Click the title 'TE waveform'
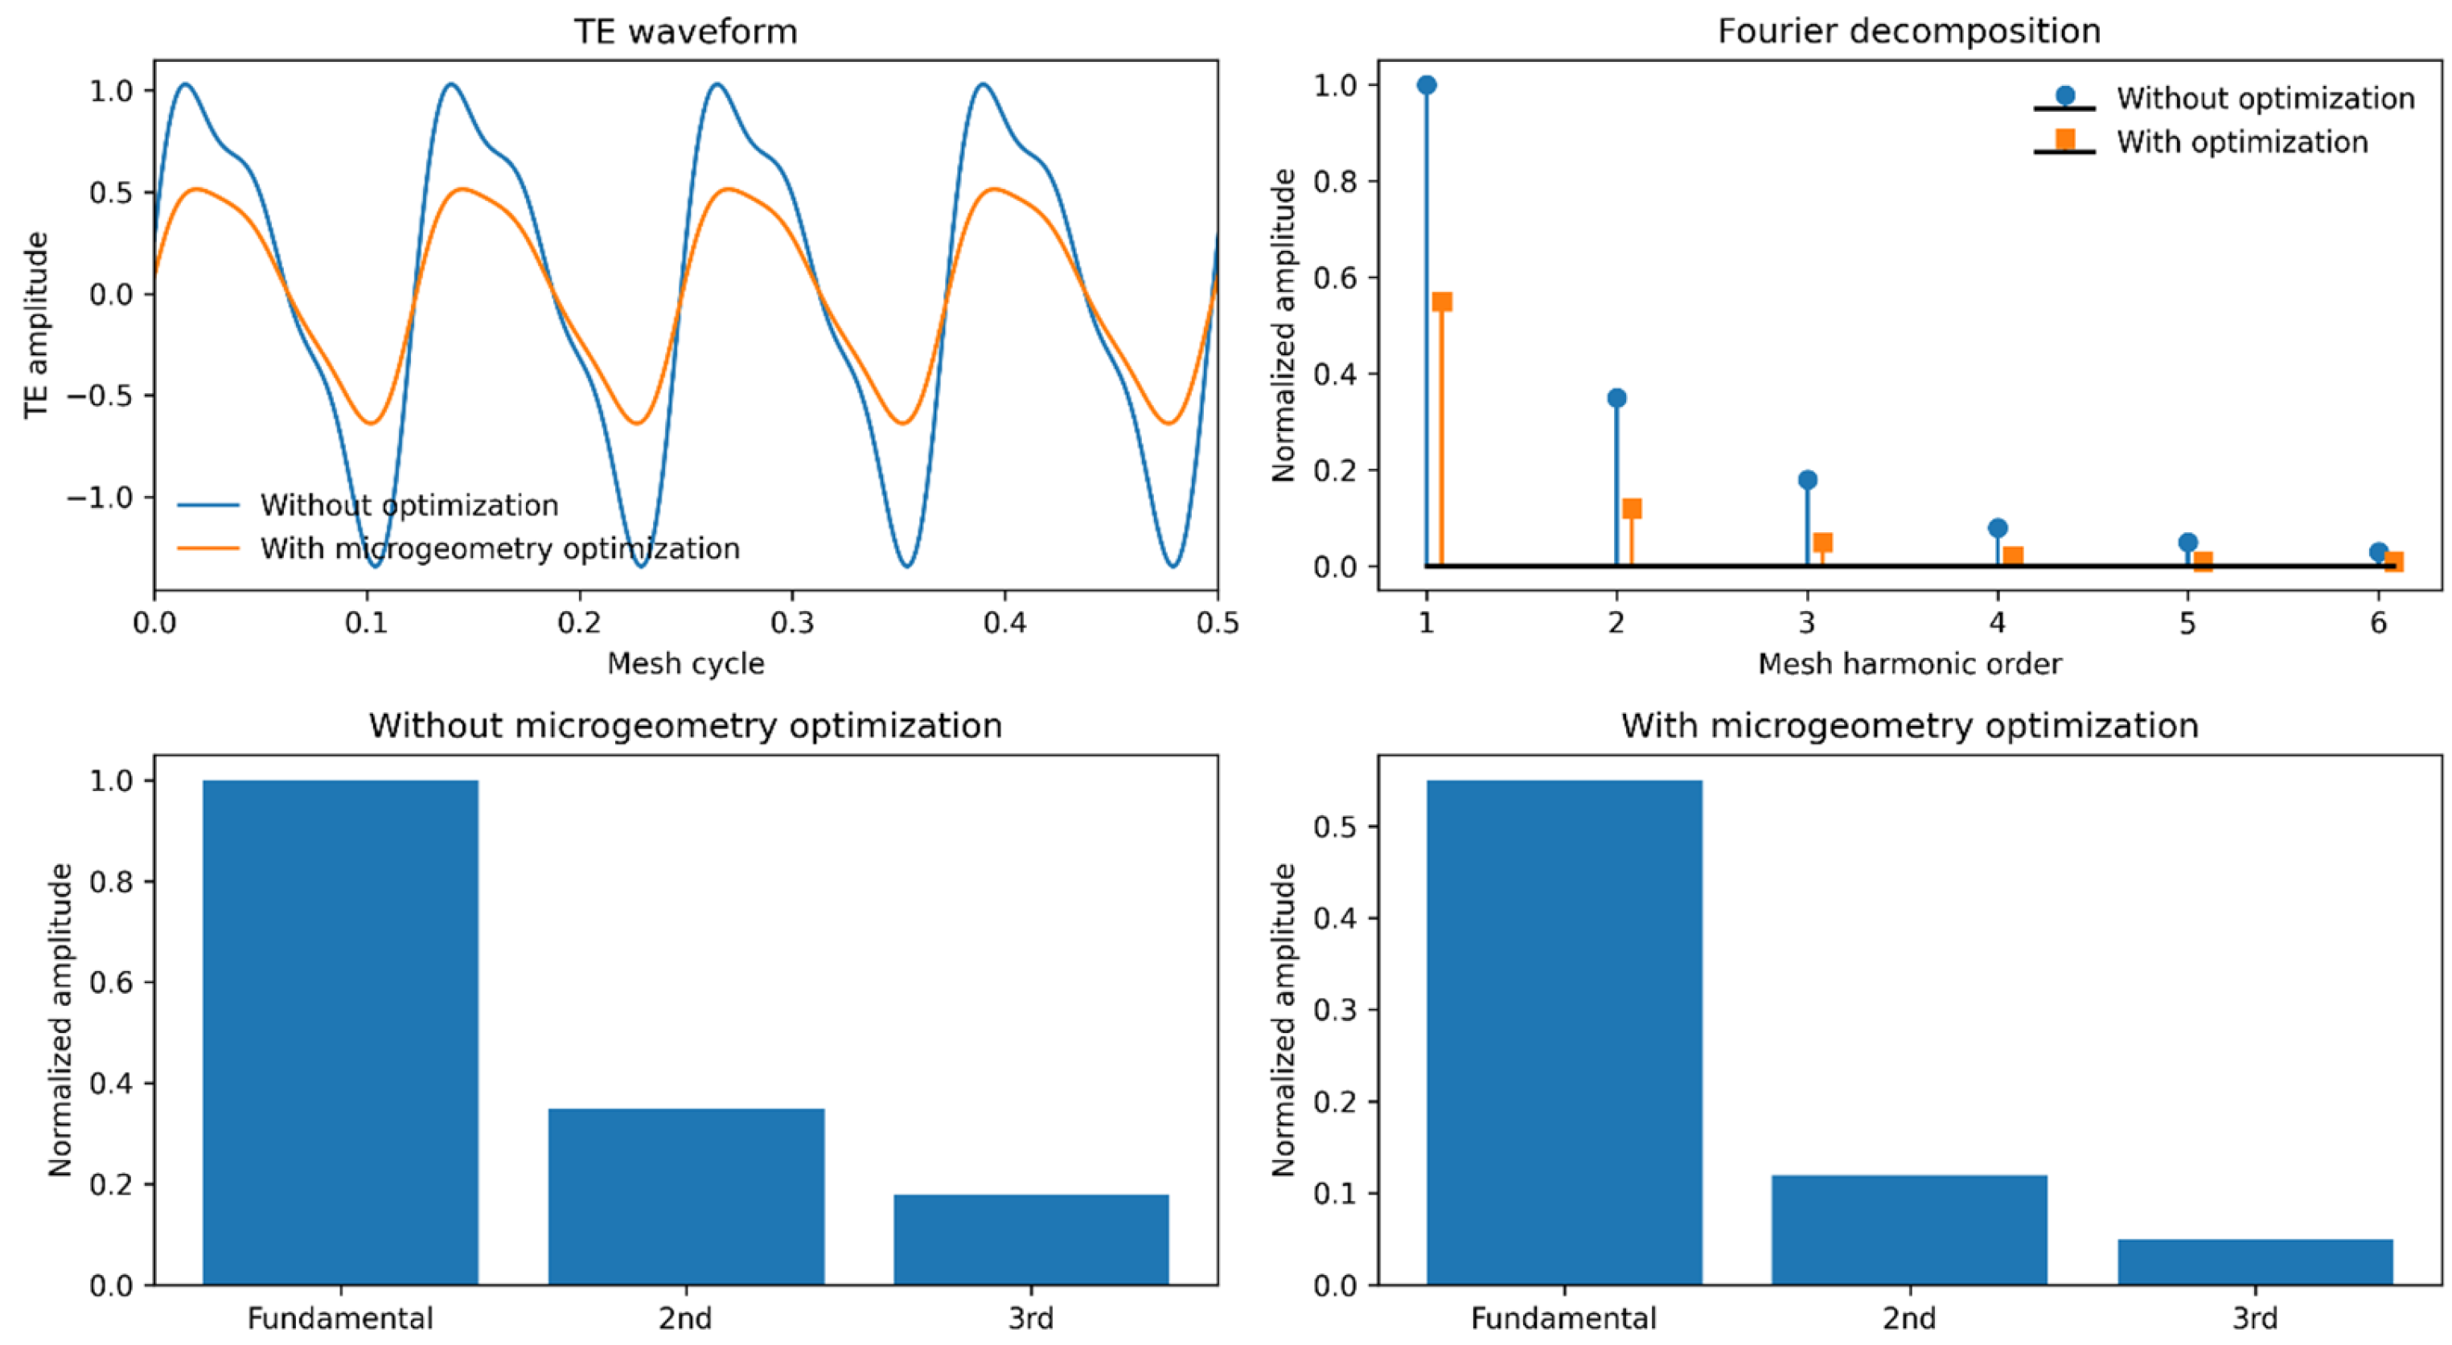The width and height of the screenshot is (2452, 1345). [x=685, y=31]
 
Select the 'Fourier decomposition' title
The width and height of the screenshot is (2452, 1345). [x=1909, y=31]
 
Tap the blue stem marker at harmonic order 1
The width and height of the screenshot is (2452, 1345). [x=1426, y=84]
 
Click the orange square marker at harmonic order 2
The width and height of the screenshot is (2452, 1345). [x=1632, y=508]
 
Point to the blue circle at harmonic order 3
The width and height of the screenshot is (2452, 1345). [x=1808, y=480]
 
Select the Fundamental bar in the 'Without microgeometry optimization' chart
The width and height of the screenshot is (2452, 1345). [x=341, y=1033]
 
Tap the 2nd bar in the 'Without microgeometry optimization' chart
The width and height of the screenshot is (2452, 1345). [x=686, y=1196]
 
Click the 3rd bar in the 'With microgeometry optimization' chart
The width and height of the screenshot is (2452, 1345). [x=2255, y=1262]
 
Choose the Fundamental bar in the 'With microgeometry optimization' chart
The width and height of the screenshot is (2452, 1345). [x=1564, y=1033]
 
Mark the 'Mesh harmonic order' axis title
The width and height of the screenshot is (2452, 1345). [x=1909, y=663]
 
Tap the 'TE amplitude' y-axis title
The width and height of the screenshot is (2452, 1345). [x=36, y=325]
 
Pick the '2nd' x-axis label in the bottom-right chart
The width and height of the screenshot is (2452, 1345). [x=1909, y=1318]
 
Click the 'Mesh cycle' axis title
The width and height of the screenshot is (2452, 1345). [x=685, y=663]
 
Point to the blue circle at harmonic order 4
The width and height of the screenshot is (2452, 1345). [x=1998, y=528]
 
